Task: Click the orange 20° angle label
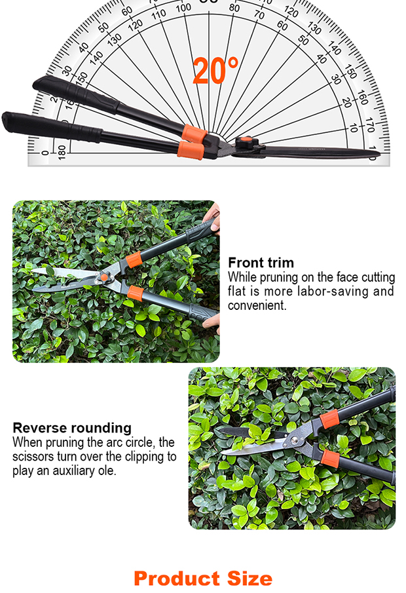215,71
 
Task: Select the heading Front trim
261,263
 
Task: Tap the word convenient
257,305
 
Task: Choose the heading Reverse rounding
72,428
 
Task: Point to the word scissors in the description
33,457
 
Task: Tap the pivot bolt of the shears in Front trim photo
104,278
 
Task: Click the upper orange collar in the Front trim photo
135,261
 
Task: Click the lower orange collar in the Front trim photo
136,292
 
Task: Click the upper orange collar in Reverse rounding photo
331,417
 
